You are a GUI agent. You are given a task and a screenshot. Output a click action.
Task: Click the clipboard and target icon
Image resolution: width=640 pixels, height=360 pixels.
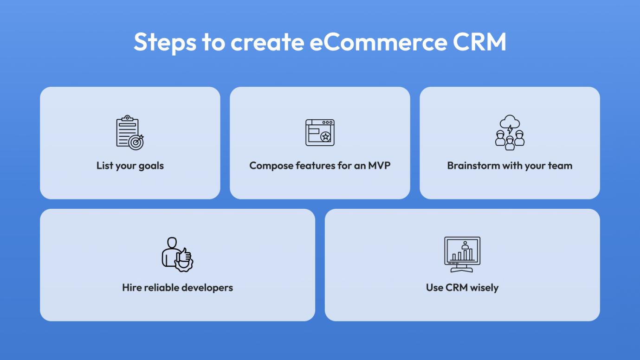pyautogui.click(x=130, y=133)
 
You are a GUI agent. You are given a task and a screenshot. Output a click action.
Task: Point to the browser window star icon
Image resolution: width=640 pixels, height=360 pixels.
pyautogui.click(x=320, y=133)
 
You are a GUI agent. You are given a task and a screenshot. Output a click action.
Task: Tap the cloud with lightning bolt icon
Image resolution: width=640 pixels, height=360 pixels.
pyautogui.click(x=510, y=123)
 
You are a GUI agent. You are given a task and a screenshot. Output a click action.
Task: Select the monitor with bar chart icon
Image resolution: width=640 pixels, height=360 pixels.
pyautogui.click(x=462, y=254)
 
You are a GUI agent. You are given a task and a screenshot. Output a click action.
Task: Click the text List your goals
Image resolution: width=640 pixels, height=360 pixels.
pyautogui.click(x=130, y=166)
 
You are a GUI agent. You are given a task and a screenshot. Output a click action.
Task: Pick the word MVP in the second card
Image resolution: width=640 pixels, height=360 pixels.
pyautogui.click(x=379, y=166)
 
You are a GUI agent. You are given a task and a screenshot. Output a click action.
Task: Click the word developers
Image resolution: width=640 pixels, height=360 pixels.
pyautogui.click(x=207, y=288)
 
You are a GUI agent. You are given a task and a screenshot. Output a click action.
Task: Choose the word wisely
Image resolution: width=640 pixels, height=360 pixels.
pyautogui.click(x=484, y=288)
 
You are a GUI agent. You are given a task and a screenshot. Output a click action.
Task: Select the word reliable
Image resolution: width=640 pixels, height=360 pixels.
pyautogui.click(x=161, y=288)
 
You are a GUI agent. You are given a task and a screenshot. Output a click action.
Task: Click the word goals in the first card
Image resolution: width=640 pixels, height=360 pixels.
pyautogui.click(x=151, y=166)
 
